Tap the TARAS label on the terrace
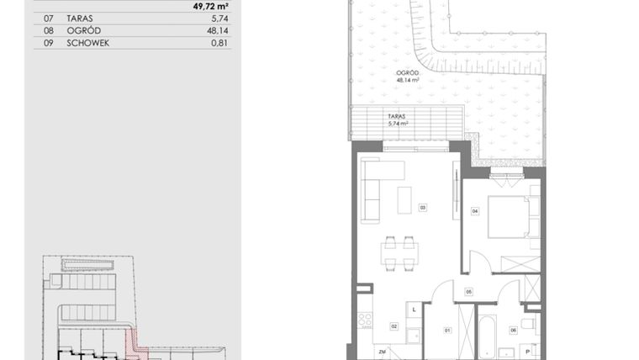click(397, 119)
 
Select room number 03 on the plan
click(422, 207)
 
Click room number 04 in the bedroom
click(474, 211)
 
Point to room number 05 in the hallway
click(469, 292)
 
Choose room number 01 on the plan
click(447, 330)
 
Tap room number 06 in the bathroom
click(514, 330)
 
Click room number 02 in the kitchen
click(393, 326)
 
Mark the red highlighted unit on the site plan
click(130, 340)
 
